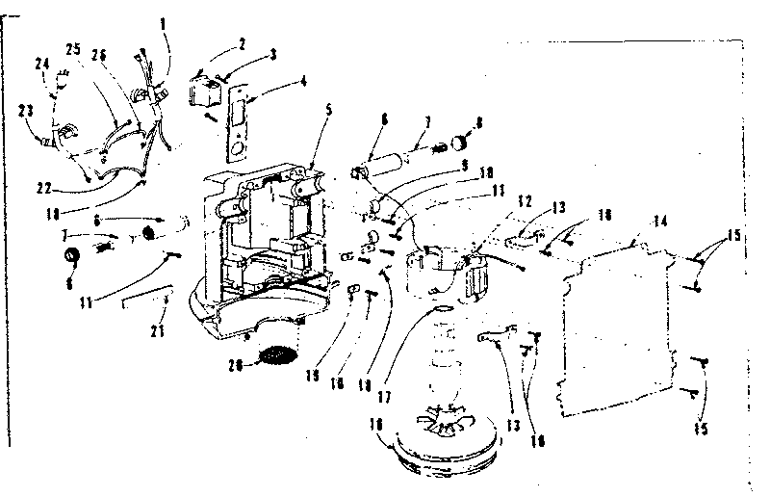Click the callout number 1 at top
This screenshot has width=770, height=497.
tap(163, 21)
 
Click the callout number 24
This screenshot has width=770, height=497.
tap(41, 65)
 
